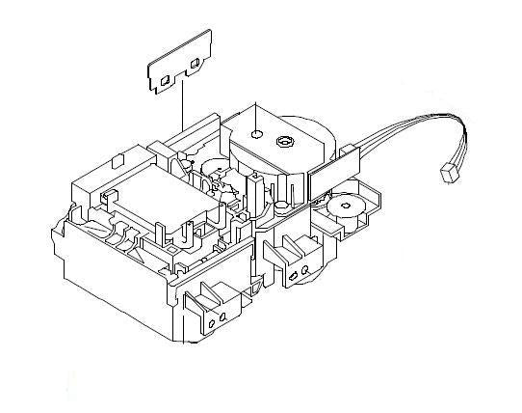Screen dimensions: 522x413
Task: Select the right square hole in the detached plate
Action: [x=196, y=65]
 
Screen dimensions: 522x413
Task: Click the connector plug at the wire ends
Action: [x=447, y=173]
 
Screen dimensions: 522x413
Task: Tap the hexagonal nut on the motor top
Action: [x=284, y=143]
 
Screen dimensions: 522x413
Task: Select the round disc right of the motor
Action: [x=342, y=206]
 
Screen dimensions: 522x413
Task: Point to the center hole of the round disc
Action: [x=342, y=206]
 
